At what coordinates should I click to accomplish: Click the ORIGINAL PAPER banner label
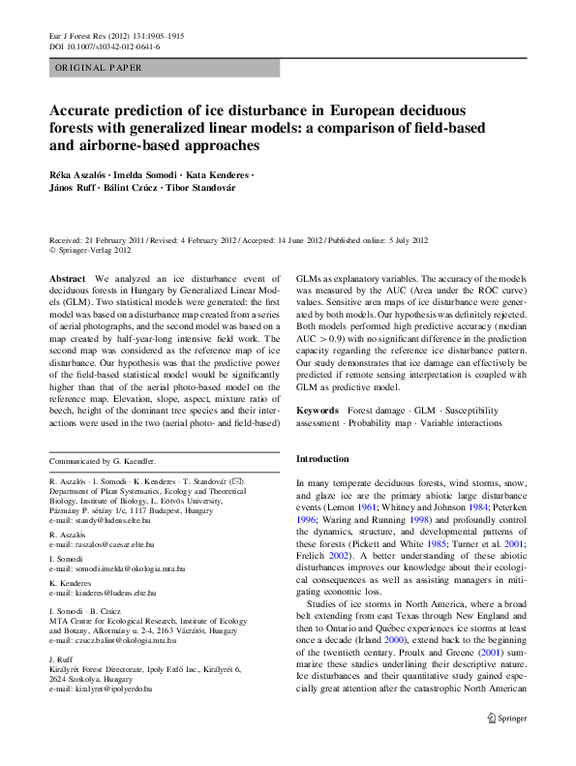99,68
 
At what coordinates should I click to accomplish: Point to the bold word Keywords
318,411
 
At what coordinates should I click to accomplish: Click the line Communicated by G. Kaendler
102,461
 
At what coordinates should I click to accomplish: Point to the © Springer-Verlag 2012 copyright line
89,249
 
